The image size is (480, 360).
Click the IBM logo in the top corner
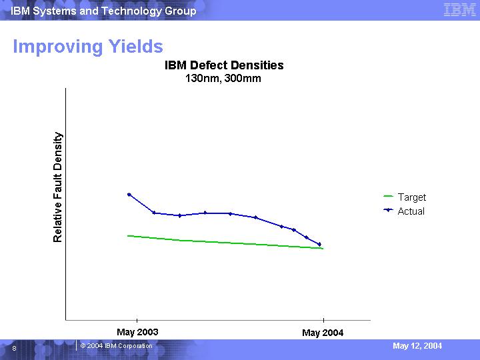(459, 10)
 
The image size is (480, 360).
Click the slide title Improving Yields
(88, 47)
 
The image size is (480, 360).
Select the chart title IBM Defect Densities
(224, 65)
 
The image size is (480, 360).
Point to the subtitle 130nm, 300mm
(223, 79)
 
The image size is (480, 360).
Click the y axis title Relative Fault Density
(58, 187)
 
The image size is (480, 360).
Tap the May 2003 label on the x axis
(137, 332)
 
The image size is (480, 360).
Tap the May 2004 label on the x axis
(323, 333)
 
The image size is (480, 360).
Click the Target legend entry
(411, 197)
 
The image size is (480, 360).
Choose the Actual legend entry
(411, 211)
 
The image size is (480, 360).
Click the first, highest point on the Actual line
(129, 195)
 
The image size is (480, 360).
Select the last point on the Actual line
(320, 245)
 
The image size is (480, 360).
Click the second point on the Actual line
(154, 213)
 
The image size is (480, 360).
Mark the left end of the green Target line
(128, 236)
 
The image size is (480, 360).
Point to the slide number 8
(14, 348)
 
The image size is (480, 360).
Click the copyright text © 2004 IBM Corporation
(117, 346)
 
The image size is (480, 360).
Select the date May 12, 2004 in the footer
(417, 346)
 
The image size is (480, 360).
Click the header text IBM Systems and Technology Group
(103, 11)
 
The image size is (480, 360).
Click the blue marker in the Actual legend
(388, 211)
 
